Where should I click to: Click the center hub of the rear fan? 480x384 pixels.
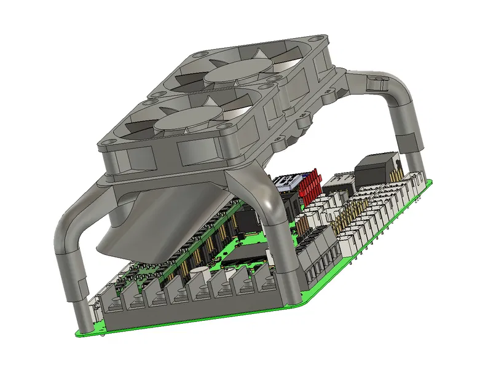[x=234, y=74]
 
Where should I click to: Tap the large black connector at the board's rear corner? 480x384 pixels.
[x=376, y=167]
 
